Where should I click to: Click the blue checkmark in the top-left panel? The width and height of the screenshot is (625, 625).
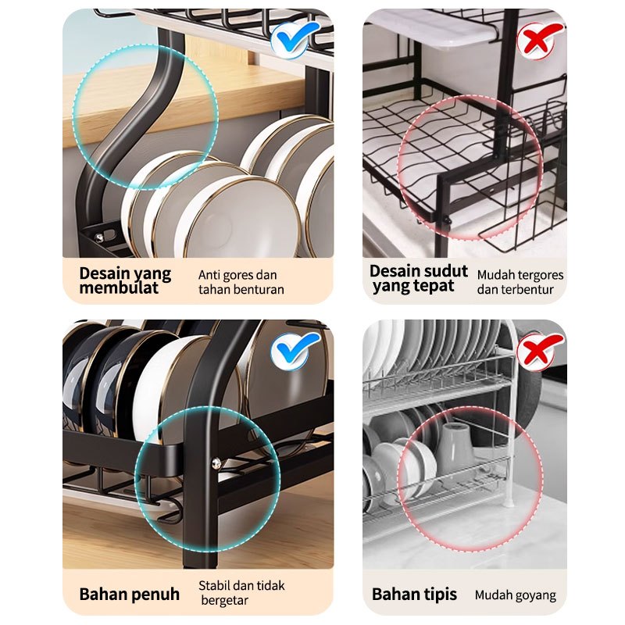tap(295, 38)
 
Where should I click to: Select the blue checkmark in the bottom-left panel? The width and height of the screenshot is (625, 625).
tap(295, 349)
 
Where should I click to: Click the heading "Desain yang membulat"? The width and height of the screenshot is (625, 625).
tap(125, 280)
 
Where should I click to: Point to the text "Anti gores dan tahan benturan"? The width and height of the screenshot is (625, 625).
tap(241, 282)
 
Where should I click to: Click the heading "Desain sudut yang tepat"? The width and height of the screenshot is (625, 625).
tap(418, 278)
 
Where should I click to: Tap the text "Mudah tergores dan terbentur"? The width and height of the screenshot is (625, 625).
tap(520, 282)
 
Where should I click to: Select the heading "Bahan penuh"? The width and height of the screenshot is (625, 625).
tap(129, 595)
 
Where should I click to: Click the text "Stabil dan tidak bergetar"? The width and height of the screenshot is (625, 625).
tap(241, 593)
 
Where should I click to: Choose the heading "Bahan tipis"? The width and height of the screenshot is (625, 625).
tap(414, 595)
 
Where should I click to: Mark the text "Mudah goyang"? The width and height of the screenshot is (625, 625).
tap(516, 595)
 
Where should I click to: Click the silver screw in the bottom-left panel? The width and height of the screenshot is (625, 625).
tap(216, 463)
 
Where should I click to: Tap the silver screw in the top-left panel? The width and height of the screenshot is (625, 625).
tap(99, 238)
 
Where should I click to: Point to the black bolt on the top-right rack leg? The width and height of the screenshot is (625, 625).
tap(448, 220)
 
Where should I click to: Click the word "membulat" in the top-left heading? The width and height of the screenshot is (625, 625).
tap(119, 287)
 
